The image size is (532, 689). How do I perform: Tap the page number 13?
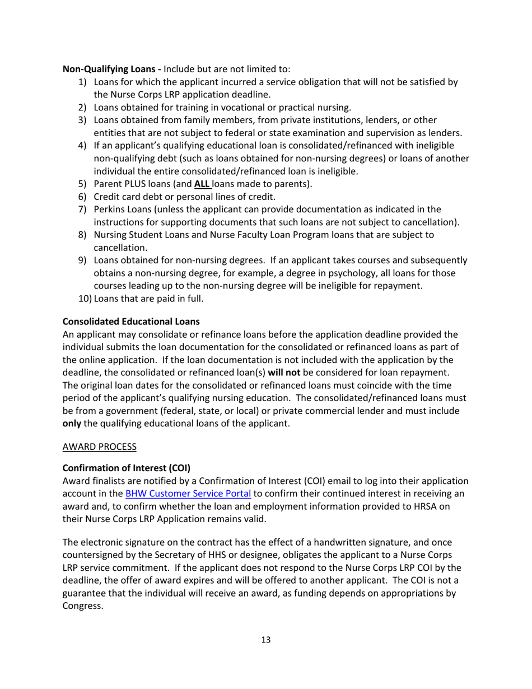click(x=266, y=640)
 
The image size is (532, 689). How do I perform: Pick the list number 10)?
click(x=85, y=299)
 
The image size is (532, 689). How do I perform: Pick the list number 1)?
click(x=82, y=82)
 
